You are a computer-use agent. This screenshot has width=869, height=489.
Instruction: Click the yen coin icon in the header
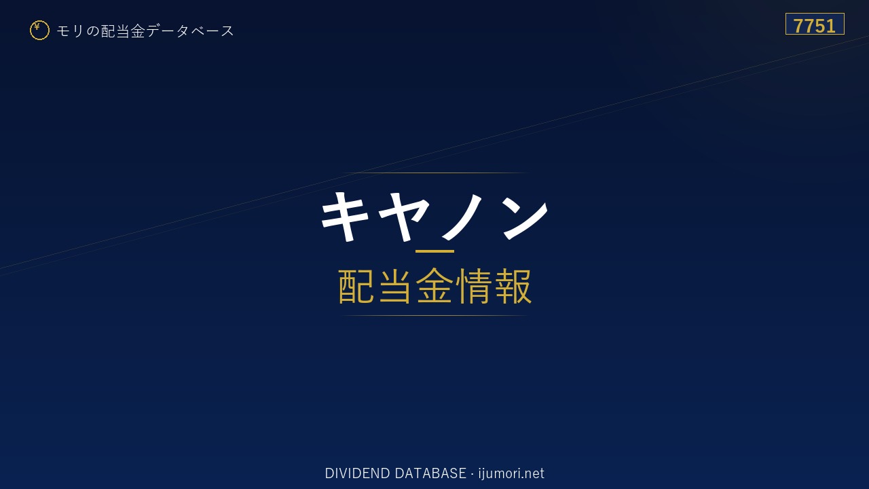click(x=39, y=31)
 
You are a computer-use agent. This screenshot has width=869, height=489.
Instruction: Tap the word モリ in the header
click(x=70, y=31)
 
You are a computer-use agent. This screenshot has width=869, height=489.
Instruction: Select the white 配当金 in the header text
click(x=123, y=31)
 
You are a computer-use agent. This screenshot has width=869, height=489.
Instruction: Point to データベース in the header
click(x=190, y=31)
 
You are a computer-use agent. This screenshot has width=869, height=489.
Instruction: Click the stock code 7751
click(x=815, y=26)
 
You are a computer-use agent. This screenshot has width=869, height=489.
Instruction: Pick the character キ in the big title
click(x=345, y=217)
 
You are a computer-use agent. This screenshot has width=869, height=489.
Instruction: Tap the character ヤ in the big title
click(x=403, y=217)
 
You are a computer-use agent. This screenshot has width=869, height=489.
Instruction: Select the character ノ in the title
click(x=462, y=216)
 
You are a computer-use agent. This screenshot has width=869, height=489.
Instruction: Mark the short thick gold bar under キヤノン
click(x=434, y=251)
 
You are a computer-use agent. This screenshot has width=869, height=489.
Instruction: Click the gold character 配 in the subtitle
click(x=356, y=286)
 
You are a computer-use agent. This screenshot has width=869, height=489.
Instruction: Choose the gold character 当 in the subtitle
click(x=395, y=286)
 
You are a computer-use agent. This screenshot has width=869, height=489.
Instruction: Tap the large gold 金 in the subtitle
click(x=434, y=286)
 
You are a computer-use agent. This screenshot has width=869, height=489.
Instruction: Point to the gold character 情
click(x=473, y=286)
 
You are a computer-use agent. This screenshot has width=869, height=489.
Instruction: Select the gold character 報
click(x=513, y=286)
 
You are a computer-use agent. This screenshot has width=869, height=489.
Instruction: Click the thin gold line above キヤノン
click(x=434, y=173)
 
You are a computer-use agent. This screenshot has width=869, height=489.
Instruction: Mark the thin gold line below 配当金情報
click(x=434, y=316)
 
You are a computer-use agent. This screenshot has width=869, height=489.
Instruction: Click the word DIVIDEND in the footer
click(x=357, y=473)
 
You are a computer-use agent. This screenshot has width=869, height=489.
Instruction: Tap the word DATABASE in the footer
click(x=430, y=473)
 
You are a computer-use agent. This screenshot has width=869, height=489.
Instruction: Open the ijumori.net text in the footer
click(x=511, y=473)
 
